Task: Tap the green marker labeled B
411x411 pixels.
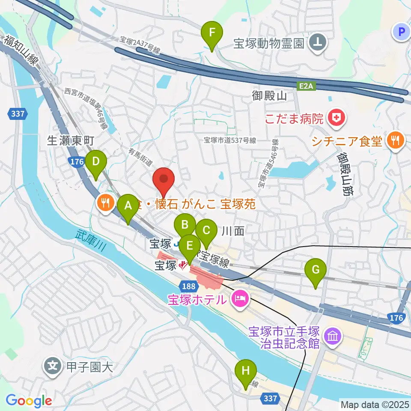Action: pyautogui.click(x=185, y=225)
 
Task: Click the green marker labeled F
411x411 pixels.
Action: pyautogui.click(x=212, y=33)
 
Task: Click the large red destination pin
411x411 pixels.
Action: pyautogui.click(x=164, y=180)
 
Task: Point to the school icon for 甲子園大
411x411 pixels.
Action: pyautogui.click(x=52, y=366)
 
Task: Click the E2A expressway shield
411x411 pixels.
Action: pyautogui.click(x=306, y=86)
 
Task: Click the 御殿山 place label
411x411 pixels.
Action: pyautogui.click(x=269, y=96)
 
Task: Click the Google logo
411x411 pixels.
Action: pyautogui.click(x=29, y=401)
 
